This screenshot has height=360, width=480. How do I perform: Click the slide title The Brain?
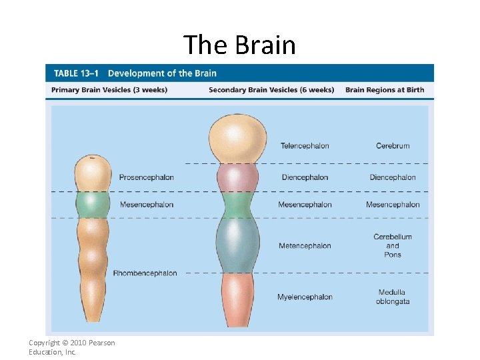(239, 45)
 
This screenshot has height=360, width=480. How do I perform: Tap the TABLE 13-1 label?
(75, 73)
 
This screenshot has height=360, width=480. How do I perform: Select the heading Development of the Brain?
(162, 73)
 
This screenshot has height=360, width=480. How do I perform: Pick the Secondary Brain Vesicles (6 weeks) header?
(271, 90)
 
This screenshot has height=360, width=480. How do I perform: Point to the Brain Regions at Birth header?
(385, 90)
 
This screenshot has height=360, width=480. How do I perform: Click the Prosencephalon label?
(147, 177)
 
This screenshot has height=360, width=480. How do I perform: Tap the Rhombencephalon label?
(145, 273)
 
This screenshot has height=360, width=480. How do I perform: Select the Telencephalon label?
(305, 146)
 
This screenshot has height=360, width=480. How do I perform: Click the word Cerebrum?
(393, 146)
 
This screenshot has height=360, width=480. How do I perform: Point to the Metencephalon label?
(305, 246)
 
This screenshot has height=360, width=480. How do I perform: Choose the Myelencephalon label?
(305, 297)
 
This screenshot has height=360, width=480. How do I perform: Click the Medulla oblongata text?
(392, 297)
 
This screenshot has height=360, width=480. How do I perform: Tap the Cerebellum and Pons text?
(393, 245)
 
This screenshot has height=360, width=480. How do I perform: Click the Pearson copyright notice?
(71, 347)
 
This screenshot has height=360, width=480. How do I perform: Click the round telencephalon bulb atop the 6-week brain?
(237, 137)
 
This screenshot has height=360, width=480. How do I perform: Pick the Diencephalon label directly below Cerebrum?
(393, 177)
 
